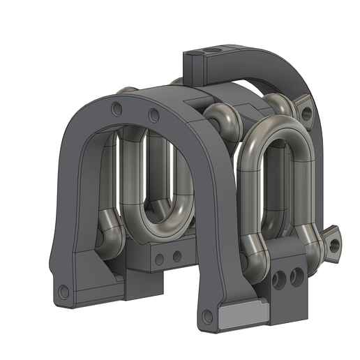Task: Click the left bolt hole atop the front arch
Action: pos(116,108)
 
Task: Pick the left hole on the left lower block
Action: pos(161,259)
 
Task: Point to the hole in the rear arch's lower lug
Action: pos(335,244)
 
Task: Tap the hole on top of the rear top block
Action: pos(216,52)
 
